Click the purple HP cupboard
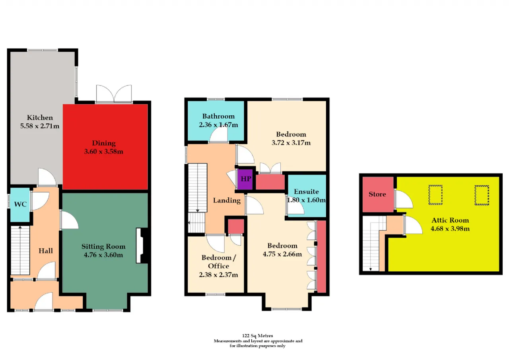coord(245,179)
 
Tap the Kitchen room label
coord(40,117)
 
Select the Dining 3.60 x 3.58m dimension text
coord(104,152)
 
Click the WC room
coord(20,204)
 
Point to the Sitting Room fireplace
coord(142,245)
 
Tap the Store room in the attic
coord(378,194)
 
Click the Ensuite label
coord(306,192)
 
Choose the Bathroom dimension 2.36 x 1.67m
coord(218,125)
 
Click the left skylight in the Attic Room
coord(435,195)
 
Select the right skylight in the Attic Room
coord(482,195)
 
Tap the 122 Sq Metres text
coord(257,336)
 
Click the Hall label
coord(46,251)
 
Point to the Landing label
coord(227,200)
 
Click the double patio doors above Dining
coord(114,94)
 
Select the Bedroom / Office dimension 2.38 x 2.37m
coord(218,275)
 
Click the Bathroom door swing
coord(218,134)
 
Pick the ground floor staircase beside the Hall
coord(20,250)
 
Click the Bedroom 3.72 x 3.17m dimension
coord(291,143)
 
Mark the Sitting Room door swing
coord(70,220)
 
